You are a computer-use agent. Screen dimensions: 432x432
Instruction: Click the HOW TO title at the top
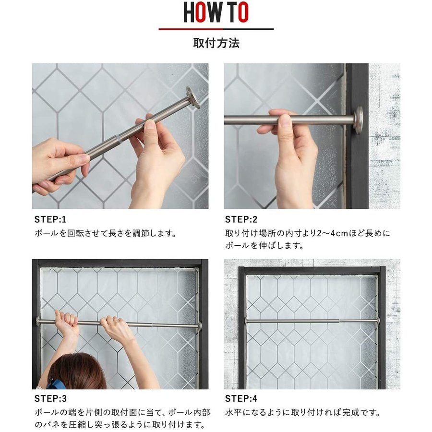(x=216, y=12)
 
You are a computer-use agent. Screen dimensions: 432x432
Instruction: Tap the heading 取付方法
(x=216, y=43)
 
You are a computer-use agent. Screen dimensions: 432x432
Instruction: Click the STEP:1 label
(x=50, y=219)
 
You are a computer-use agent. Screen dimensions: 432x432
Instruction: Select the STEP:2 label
(x=241, y=219)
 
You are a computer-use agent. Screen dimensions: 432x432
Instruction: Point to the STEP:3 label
(x=50, y=399)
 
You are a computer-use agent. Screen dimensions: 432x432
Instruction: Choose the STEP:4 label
(x=241, y=399)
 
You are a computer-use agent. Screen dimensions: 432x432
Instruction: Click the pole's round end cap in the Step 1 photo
(x=193, y=97)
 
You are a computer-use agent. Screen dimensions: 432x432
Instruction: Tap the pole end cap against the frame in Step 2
(x=359, y=120)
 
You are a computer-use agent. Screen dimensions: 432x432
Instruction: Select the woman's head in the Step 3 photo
(x=78, y=372)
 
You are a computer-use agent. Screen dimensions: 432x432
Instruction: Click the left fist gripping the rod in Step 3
(x=66, y=321)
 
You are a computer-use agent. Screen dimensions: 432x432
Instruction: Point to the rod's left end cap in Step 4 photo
(x=246, y=321)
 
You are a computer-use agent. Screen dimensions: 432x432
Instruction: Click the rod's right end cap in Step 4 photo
(x=378, y=321)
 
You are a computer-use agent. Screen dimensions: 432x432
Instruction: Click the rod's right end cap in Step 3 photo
(x=200, y=326)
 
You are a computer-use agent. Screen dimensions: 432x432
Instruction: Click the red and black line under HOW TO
(x=216, y=29)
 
